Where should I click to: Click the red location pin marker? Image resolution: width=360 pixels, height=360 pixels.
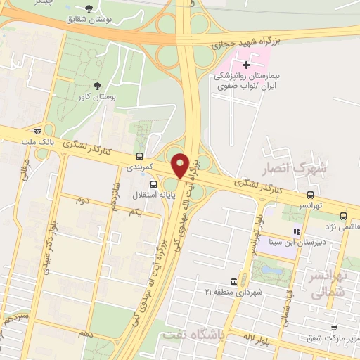[x=180, y=166]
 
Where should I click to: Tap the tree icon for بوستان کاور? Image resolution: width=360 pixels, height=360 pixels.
[x=96, y=86]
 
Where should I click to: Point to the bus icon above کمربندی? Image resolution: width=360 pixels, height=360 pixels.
[x=139, y=156]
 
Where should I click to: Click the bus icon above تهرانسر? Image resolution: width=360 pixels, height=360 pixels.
[x=310, y=195]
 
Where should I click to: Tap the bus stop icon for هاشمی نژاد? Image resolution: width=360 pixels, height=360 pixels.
[x=343, y=216]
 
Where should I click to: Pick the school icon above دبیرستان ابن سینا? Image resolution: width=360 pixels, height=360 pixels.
[x=297, y=231]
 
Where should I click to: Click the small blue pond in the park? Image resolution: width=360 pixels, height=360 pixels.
[x=269, y=269]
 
